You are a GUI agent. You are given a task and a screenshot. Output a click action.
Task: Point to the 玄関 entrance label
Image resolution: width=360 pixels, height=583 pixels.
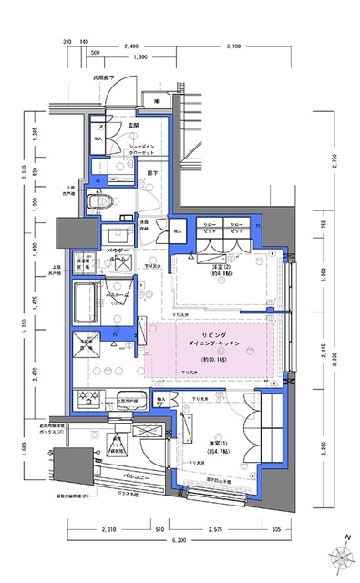132,126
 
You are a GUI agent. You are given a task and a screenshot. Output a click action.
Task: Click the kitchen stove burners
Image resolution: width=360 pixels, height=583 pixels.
93,399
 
